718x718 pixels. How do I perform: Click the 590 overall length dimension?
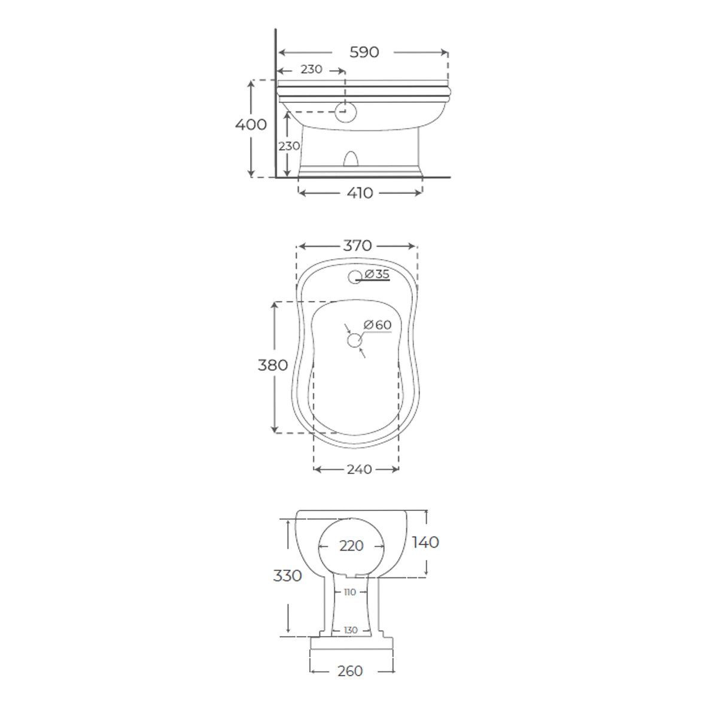point(364,53)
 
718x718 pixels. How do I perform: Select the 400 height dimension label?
point(251,125)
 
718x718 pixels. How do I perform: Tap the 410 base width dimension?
point(360,193)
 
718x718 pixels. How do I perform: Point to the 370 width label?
point(357,246)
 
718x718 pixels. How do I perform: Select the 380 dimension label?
point(273,365)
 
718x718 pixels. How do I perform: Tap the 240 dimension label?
point(359,470)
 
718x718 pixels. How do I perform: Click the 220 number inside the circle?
point(351,546)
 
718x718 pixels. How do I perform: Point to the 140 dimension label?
point(425,542)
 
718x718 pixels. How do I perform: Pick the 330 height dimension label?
point(287,576)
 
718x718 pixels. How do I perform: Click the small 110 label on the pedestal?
point(350,592)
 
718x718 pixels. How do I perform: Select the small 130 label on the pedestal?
point(351,631)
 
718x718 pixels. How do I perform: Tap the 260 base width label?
point(350,671)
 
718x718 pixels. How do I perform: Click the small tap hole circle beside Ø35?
point(355,276)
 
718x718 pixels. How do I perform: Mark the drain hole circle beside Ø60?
point(355,340)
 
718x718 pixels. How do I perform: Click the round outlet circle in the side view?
point(346,112)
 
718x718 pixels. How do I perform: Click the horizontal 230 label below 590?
point(311,69)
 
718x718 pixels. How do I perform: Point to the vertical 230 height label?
point(289,146)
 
